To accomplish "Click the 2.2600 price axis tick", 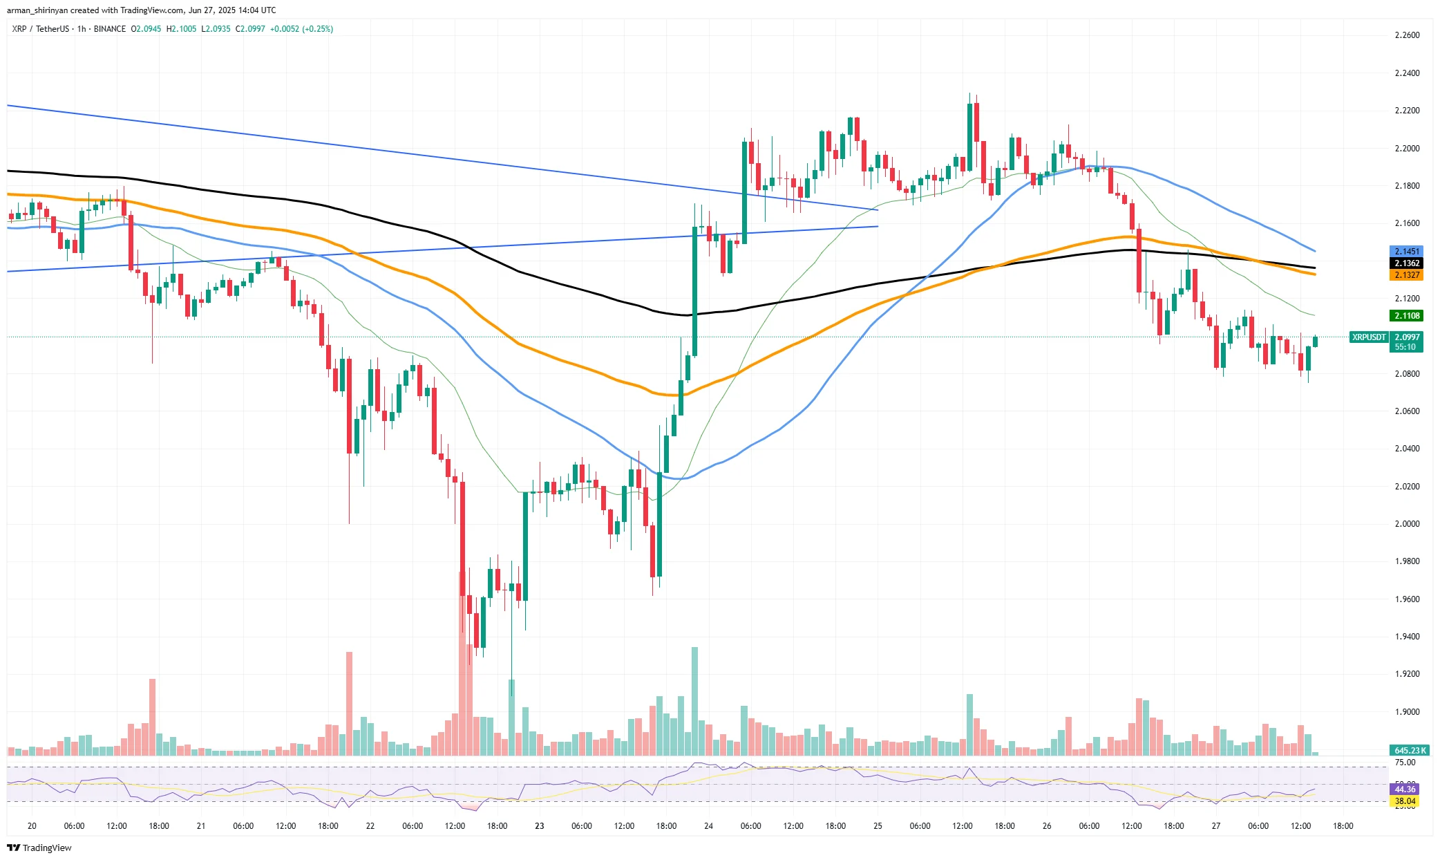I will click(x=1407, y=35).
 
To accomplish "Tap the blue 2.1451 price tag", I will click(x=1406, y=252).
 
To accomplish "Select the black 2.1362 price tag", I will click(x=1406, y=263).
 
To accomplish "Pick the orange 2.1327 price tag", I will click(x=1406, y=275).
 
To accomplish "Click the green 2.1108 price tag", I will click(x=1406, y=316).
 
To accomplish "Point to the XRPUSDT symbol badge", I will click(x=1369, y=337).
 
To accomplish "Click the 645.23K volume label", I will click(x=1409, y=750).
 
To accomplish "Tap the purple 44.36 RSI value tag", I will click(x=1405, y=789).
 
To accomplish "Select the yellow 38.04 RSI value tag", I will click(x=1405, y=801).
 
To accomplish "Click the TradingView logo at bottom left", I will click(x=39, y=848).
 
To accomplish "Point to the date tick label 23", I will click(x=539, y=826).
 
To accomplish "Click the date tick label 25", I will click(x=878, y=826).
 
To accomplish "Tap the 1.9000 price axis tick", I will click(x=1407, y=712).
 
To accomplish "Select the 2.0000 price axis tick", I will click(x=1407, y=524).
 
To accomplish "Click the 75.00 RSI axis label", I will click(x=1405, y=763).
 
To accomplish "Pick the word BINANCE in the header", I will click(x=110, y=29).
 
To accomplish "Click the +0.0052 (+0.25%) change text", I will click(x=301, y=29).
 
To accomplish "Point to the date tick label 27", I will click(x=1216, y=826).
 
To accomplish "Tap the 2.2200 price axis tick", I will click(x=1407, y=111).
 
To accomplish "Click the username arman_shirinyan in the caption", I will click(x=37, y=10).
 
